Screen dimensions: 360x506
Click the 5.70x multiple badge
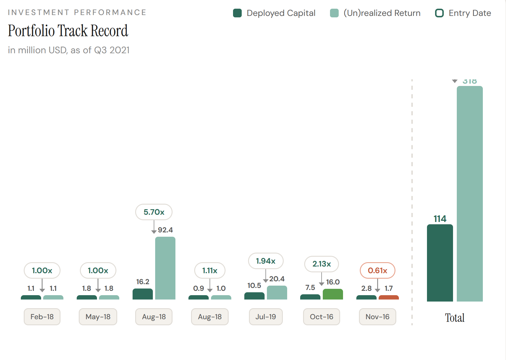coord(154,212)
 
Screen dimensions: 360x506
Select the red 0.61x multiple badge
coord(377,271)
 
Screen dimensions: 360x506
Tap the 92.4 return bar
coord(165,268)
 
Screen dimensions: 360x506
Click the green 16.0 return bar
coord(333,294)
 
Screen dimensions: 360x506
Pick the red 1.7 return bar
coord(388,297)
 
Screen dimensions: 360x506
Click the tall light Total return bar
coord(470,194)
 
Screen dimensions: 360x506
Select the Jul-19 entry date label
coord(266,317)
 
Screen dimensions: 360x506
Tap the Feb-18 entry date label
coord(42,317)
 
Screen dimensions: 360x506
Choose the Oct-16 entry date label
coord(322,317)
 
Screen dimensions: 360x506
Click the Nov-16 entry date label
coord(377,317)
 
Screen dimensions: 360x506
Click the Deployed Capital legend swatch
coord(237,13)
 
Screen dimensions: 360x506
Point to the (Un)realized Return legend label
coord(382,13)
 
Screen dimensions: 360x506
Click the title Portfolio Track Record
coord(68,31)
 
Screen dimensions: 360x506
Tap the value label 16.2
coord(143,282)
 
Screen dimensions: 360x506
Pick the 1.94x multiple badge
coord(266,261)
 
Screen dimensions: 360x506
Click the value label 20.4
coord(277,279)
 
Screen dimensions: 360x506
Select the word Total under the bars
coord(455,318)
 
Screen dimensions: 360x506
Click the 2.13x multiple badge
coord(322,264)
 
